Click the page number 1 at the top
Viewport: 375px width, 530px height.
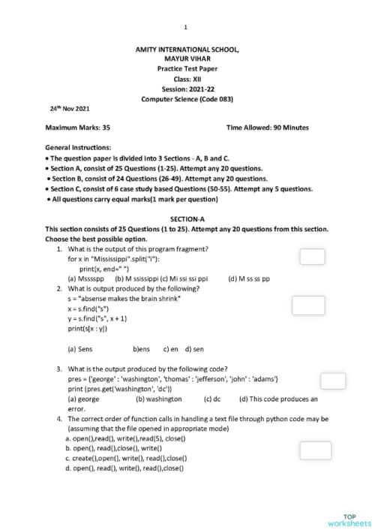pyautogui.click(x=184, y=27)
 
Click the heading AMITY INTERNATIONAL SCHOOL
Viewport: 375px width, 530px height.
pyautogui.click(x=187, y=50)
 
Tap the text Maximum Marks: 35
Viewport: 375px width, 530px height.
pyautogui.click(x=78, y=128)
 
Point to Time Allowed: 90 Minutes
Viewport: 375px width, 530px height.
pyautogui.click(x=266, y=128)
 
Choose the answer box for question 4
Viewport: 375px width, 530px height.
pyautogui.click(x=314, y=450)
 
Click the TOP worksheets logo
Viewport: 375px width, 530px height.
pyautogui.click(x=349, y=519)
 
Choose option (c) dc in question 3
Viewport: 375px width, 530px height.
pyautogui.click(x=211, y=399)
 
